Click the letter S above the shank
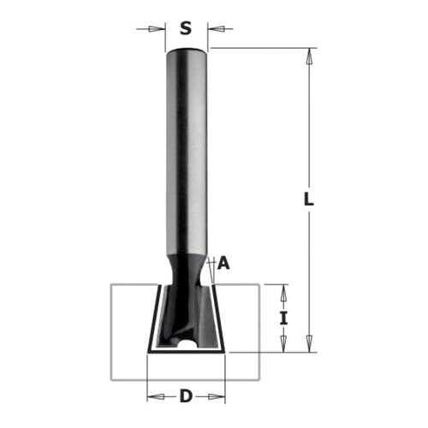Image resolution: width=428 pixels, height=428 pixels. (186, 28)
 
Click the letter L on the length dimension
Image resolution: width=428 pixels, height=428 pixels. (309, 199)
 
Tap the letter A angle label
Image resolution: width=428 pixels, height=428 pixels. (223, 263)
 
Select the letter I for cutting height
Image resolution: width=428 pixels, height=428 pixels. (283, 318)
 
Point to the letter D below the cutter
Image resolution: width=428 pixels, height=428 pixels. (187, 396)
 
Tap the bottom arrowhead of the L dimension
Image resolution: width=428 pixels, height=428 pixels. (309, 344)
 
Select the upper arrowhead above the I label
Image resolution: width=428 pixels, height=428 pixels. (283, 293)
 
